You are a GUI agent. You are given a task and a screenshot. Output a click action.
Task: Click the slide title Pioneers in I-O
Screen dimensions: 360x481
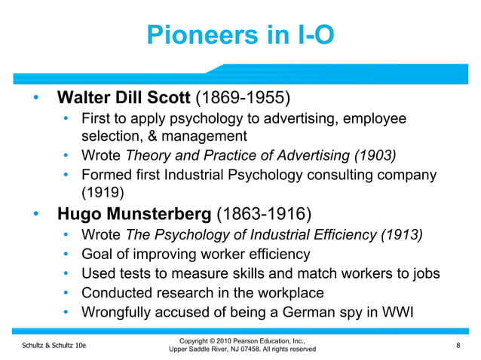click(240, 35)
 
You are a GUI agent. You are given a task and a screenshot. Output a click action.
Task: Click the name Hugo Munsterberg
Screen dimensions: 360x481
click(135, 213)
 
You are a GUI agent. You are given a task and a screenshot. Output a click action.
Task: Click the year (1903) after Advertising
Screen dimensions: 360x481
click(376, 156)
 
